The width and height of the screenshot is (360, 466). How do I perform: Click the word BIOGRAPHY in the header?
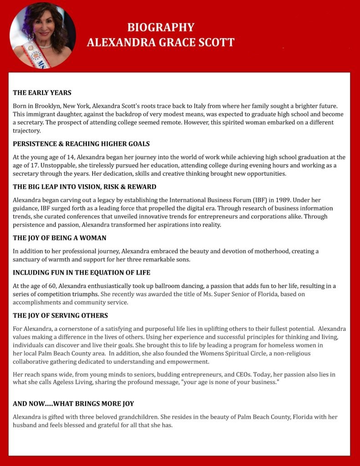[x=161, y=27]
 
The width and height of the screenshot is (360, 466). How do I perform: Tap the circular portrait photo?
[x=43, y=35]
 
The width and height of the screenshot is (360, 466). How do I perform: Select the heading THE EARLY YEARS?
[x=42, y=93]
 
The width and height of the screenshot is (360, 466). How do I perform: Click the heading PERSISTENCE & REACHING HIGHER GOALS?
[x=81, y=144]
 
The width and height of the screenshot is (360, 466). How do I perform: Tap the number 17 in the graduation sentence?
[x=48, y=166]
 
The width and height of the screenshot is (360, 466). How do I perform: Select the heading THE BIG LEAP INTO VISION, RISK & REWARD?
[x=84, y=187]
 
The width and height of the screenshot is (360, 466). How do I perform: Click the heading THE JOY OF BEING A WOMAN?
[x=59, y=238]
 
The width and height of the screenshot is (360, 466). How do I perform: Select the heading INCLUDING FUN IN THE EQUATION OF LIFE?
[x=81, y=273]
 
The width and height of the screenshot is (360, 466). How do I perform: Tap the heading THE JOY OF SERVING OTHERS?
[x=60, y=315]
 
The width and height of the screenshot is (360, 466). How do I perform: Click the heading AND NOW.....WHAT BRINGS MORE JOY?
[x=73, y=404]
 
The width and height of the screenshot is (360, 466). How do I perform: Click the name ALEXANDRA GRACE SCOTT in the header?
[x=161, y=42]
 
